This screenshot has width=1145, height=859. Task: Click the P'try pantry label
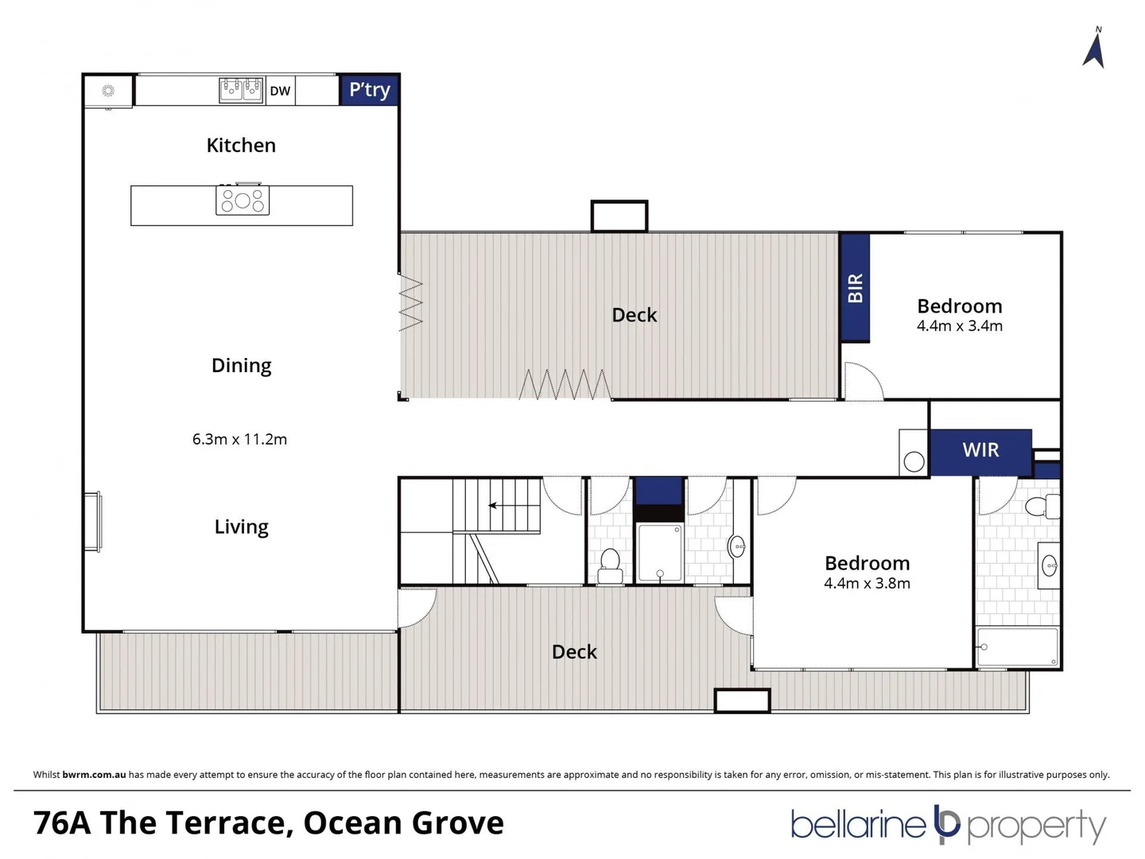[370, 90]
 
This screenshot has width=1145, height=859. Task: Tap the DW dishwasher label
[280, 91]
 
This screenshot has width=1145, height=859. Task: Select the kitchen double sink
[241, 89]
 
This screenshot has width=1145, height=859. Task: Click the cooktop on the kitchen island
[243, 200]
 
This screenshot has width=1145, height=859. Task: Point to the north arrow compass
[1094, 49]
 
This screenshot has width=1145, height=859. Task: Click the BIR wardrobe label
[855, 288]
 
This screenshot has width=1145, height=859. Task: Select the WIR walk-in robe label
[980, 450]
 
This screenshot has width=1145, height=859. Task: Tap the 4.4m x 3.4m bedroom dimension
[959, 326]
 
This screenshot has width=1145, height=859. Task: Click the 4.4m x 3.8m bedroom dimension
[867, 583]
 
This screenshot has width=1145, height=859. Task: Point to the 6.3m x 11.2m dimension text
[239, 439]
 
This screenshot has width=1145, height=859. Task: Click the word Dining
[241, 365]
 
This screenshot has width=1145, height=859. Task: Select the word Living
[241, 527]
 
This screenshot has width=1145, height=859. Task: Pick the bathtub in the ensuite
[1017, 647]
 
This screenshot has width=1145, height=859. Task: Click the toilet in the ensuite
[1042, 506]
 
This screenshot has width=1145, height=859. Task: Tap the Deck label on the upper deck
[634, 315]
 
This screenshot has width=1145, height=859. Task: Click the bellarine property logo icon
[947, 824]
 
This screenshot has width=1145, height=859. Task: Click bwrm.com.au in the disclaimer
[94, 775]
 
